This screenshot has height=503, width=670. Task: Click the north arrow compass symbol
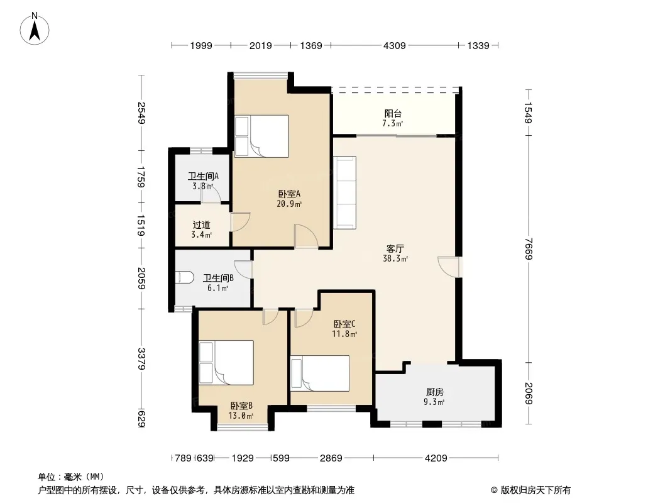click(35, 29)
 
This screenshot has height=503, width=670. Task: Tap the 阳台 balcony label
click(393, 113)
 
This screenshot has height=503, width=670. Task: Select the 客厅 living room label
click(395, 248)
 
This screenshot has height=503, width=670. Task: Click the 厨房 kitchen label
click(434, 392)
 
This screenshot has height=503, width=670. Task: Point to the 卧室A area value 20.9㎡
click(289, 204)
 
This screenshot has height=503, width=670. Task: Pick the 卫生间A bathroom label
click(204, 176)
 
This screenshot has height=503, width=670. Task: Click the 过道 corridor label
click(201, 225)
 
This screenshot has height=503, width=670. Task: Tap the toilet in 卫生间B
click(185, 277)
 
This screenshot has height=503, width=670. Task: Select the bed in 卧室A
click(261, 136)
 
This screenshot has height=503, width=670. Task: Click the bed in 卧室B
click(226, 362)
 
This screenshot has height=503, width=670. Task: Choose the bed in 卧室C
click(320, 373)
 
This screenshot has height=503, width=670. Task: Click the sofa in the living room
click(344, 192)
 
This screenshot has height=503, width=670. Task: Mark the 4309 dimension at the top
click(394, 45)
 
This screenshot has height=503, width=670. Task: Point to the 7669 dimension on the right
click(529, 249)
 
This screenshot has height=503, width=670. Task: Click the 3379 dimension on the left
click(141, 360)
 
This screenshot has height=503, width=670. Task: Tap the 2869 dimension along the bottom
click(331, 458)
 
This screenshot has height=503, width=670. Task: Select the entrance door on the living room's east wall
click(449, 267)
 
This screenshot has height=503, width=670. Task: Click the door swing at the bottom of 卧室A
click(306, 236)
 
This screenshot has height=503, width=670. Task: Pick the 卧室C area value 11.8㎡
click(344, 334)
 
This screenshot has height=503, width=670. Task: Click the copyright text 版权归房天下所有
click(535, 490)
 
